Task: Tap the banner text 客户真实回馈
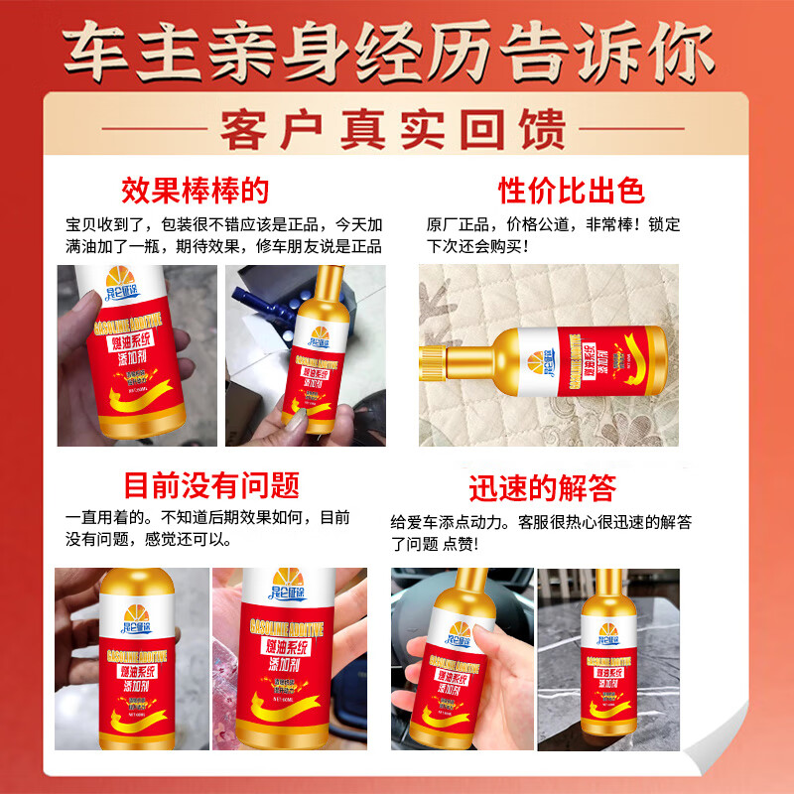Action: tap(397, 129)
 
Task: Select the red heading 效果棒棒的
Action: tap(196, 190)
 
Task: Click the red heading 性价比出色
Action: tap(571, 190)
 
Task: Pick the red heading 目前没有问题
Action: tap(211, 485)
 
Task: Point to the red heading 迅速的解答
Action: tap(543, 487)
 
